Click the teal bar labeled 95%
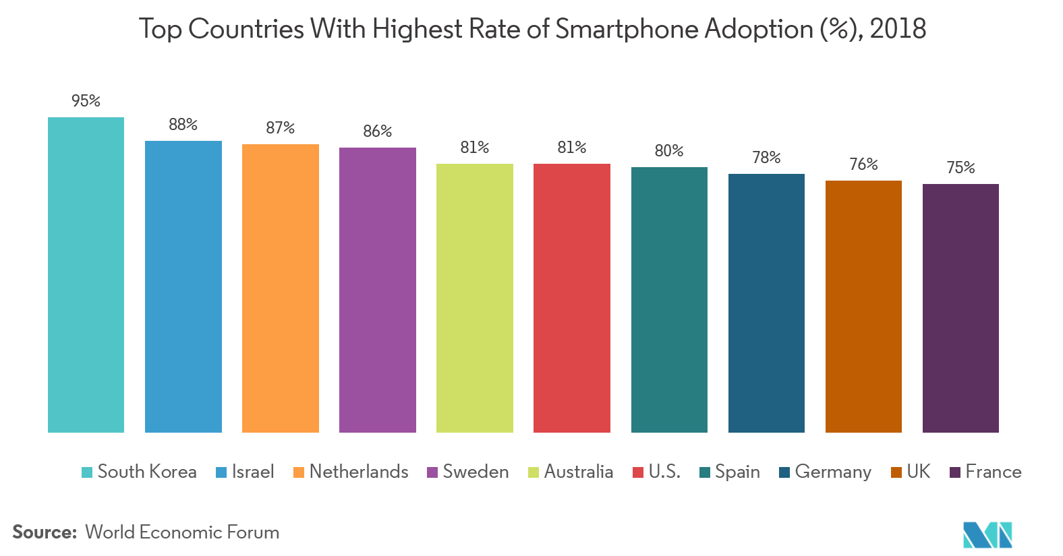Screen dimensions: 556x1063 86,274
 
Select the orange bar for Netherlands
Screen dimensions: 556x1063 280,288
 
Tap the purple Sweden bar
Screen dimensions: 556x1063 377,290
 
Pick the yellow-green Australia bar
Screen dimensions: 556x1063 474,297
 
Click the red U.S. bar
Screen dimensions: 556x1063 571,297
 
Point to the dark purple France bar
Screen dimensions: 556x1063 960,308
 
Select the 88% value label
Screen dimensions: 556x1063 183,125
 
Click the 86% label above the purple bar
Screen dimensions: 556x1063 377,131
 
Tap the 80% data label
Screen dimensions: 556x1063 668,151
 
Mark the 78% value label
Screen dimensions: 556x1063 766,158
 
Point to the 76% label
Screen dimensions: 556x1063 863,164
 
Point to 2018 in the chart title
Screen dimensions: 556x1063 898,30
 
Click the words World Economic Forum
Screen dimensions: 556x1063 182,532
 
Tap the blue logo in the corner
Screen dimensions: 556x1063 987,534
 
